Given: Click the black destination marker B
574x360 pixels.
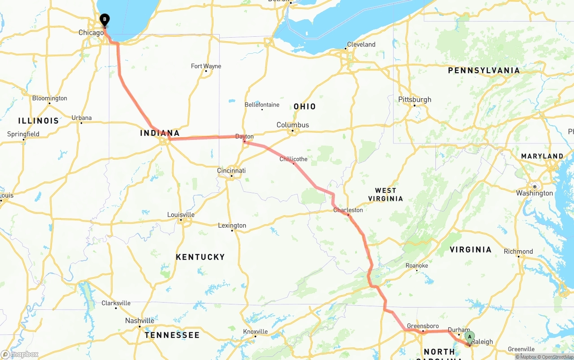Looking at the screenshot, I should coord(104,20).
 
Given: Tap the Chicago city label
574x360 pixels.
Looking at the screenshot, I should coord(91,32).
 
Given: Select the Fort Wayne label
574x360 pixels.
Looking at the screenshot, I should coord(206,66).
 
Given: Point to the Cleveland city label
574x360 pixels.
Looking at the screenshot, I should coord(361,44).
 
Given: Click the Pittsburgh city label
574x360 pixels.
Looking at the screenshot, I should coord(415,100).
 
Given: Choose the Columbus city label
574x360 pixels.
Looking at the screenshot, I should coord(292,125).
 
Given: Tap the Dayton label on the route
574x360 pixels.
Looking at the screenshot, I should coord(244,136).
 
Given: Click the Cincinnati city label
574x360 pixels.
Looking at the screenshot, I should coord(231,170).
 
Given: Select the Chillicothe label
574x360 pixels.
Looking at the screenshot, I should coord(293,159).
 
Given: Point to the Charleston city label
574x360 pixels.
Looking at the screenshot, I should coord(348,210).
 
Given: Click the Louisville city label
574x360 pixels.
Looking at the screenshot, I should coord(181,214).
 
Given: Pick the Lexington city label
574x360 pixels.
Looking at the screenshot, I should coord(232,225).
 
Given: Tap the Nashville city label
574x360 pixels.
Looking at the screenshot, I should coord(139,321).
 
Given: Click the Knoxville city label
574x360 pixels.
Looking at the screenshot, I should coord(256,331).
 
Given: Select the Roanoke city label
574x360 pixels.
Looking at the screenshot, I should coord(417,265).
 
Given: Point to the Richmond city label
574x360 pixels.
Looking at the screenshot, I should coord(518,251).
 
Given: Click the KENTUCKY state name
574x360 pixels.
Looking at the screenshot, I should coord(200,257).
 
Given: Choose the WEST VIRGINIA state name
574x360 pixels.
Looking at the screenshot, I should coord(386,195).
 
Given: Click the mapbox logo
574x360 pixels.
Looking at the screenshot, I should coord(20,354).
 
